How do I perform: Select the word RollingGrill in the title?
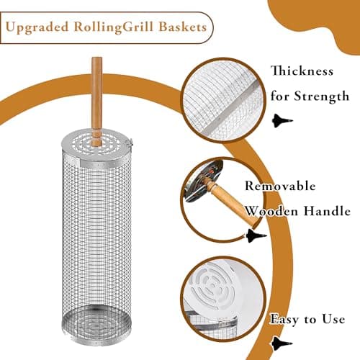(x=117, y=28)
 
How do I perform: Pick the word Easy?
(x=286, y=318)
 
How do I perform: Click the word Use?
(x=332, y=318)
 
